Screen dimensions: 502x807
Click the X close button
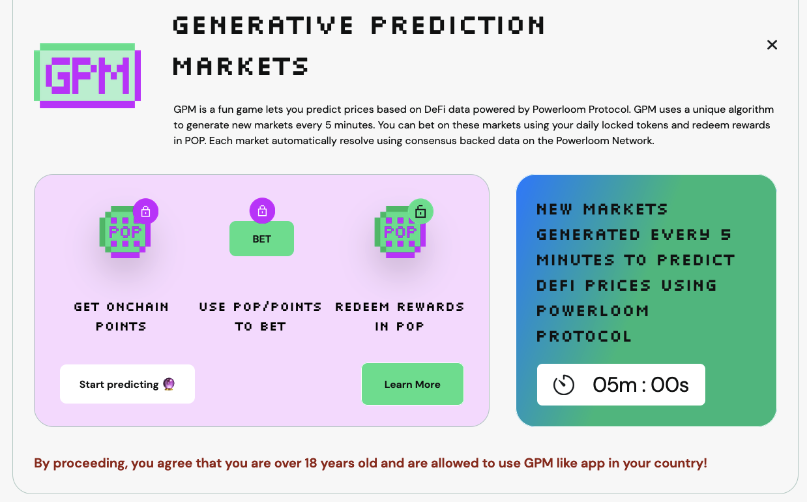click(x=772, y=45)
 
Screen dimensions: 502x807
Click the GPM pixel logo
click(x=87, y=75)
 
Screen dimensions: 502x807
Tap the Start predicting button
click(x=127, y=384)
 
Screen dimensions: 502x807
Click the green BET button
click(x=261, y=239)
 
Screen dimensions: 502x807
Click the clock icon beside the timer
click(x=564, y=385)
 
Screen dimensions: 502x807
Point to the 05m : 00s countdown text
click(x=640, y=385)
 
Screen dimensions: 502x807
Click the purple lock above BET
click(x=262, y=211)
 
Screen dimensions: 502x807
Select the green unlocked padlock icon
click(x=420, y=211)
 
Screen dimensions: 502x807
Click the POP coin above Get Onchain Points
click(x=124, y=232)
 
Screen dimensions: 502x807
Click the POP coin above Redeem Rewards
click(x=399, y=232)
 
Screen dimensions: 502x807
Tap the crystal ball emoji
click(x=169, y=384)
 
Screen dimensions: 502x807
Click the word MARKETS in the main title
click(x=241, y=66)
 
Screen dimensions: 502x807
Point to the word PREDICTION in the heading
click(x=458, y=25)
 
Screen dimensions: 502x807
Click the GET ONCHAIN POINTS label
click(x=121, y=316)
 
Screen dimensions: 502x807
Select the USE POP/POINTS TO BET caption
click(x=261, y=316)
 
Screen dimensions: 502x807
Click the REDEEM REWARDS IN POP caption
click(x=400, y=316)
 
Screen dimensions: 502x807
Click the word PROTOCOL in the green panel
click(x=584, y=336)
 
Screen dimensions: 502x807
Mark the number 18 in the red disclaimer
click(x=310, y=464)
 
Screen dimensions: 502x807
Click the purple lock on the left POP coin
click(x=145, y=211)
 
